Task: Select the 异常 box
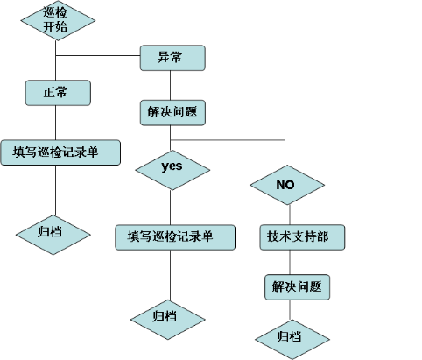click(172, 58)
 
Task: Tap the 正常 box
click(56, 91)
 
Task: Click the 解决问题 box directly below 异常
click(172, 112)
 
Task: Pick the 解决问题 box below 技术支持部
click(298, 286)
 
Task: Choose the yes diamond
click(172, 166)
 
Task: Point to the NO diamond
click(286, 184)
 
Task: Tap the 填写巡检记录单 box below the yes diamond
click(176, 236)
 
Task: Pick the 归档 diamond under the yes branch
click(169, 316)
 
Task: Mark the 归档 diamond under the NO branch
click(292, 336)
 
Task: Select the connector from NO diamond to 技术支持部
click(287, 215)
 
